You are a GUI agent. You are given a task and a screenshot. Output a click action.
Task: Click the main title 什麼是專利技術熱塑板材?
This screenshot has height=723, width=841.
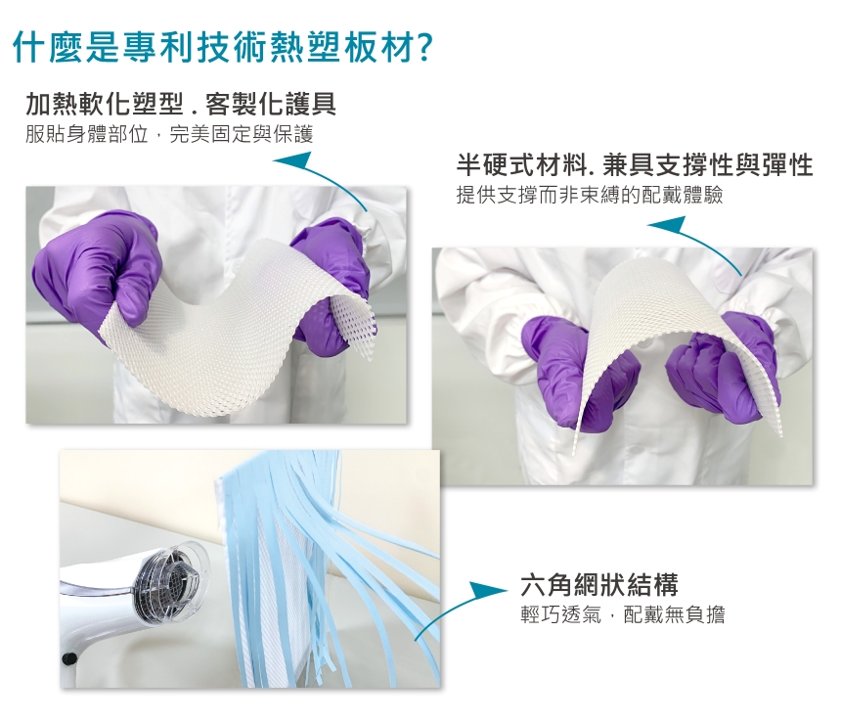click(222, 47)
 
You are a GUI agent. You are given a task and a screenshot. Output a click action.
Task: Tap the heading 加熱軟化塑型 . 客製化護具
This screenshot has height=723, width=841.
click(181, 104)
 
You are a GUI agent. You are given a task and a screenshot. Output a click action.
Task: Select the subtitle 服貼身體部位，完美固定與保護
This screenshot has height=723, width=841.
click(169, 134)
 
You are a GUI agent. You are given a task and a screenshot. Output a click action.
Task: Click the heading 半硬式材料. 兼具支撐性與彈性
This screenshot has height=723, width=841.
click(635, 164)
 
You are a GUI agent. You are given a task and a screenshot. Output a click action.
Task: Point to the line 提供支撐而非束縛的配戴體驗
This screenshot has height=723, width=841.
click(590, 195)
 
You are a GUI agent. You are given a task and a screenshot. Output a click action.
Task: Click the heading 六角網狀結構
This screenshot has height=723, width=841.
click(599, 584)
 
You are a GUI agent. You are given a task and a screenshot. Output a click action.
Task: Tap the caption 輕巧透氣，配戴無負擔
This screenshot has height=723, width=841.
click(623, 614)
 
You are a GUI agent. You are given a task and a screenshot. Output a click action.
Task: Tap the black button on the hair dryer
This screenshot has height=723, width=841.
click(68, 658)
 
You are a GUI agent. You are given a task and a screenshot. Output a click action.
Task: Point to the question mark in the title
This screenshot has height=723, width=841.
click(422, 48)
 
